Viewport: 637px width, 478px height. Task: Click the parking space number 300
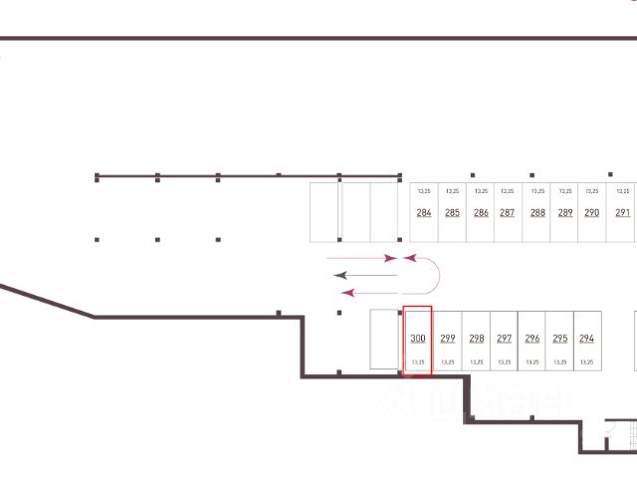pos(418,338)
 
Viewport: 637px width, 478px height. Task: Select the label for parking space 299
pos(448,338)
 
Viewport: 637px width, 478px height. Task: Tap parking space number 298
pos(477,338)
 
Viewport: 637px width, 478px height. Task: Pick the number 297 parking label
pos(505,338)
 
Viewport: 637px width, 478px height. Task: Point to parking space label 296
pos(532,338)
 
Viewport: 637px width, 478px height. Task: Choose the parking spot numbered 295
pos(560,338)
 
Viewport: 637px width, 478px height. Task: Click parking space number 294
pos(586,338)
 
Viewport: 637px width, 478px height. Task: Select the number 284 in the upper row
pos(424,212)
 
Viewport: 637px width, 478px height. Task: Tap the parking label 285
pos(453,212)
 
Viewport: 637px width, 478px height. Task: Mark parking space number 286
pos(481,212)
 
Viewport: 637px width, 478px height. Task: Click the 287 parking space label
pos(508,212)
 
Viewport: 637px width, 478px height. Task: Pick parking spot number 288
pos(537,212)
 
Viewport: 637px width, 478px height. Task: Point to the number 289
pos(565,212)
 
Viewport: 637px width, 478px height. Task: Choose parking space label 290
pos(592,212)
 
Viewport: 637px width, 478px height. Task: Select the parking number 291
pos(623,212)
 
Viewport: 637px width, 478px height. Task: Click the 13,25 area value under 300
pos(418,362)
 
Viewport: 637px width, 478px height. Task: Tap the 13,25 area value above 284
pos(424,190)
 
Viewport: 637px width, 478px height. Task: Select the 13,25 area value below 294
pos(586,362)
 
